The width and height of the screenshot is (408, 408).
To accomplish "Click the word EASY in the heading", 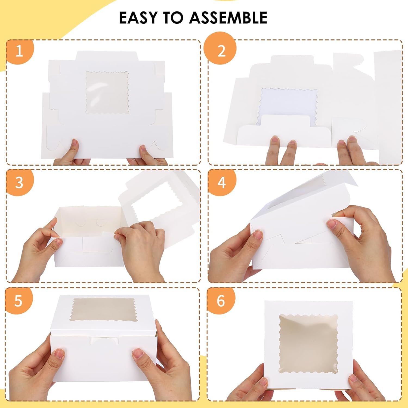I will (139, 18).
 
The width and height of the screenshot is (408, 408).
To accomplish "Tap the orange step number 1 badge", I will (19, 51).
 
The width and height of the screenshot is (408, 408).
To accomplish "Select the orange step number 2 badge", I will (222, 51).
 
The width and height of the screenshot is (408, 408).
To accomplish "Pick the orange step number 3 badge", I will (19, 182).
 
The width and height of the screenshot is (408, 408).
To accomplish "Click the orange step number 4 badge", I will (222, 182).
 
